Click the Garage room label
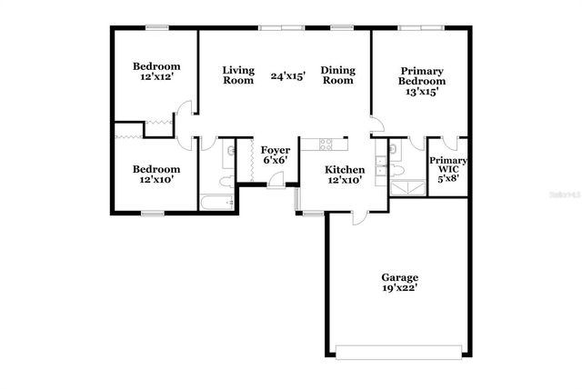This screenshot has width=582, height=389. point(399,277)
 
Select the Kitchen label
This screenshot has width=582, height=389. point(346,170)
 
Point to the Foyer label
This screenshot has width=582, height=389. point(275,150)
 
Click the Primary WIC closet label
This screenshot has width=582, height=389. point(448,169)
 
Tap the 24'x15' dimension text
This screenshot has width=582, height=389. point(287,76)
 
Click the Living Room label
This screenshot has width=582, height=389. point(238,75)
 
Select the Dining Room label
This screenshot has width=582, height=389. point(337,75)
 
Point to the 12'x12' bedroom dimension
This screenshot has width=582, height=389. point(156,78)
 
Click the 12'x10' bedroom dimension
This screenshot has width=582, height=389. point(156,180)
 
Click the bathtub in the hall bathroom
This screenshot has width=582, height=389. point(216,203)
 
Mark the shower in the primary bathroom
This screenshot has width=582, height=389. point(406,187)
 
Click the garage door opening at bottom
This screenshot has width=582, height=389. point(400,351)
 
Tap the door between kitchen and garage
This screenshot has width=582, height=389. point(358,216)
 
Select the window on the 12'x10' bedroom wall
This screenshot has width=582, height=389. point(152,214)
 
